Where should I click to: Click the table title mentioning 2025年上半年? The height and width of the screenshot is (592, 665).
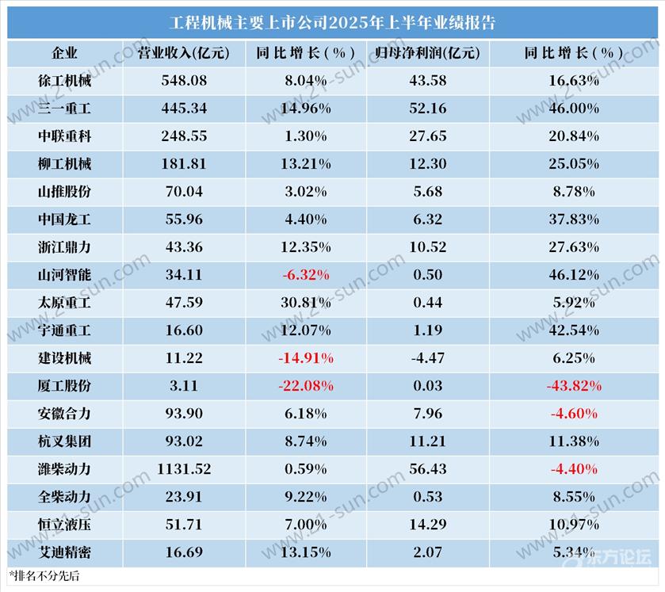coord(332,22)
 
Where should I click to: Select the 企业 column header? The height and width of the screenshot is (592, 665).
coord(64,53)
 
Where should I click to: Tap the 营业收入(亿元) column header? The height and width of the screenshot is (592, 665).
coord(184,53)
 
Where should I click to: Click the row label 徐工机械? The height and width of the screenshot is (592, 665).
coord(64,81)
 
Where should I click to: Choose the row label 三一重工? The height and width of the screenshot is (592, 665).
coord(64,108)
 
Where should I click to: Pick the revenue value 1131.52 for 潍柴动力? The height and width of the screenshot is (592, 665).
coord(184,469)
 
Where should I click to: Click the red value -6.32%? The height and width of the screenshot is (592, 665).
coord(304,275)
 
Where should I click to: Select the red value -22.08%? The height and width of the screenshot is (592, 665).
coord(306,386)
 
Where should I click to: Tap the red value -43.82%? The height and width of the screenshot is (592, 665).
coord(573,386)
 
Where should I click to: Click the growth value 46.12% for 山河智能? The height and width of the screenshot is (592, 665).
coord(573,275)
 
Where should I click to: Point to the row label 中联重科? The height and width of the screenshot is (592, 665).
coord(64,136)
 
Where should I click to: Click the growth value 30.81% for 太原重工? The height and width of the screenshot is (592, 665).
coord(304,303)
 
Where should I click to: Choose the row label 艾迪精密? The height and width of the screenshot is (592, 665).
coord(64,552)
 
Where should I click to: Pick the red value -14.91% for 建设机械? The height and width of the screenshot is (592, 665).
coord(306,358)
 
